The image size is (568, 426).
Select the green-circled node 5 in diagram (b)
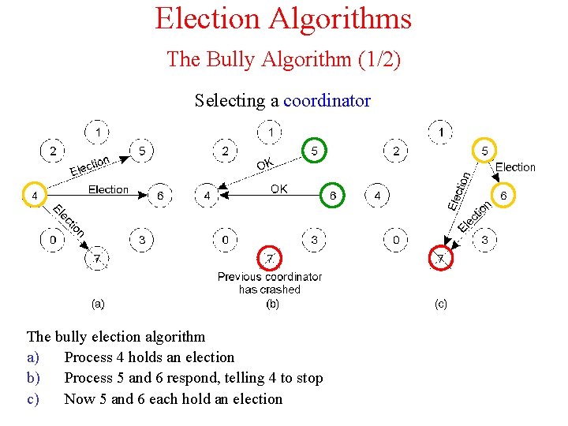point(314,150)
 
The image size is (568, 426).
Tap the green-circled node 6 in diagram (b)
point(333,195)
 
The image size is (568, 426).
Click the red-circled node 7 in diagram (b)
point(271,257)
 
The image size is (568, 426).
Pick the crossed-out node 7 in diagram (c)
point(441,258)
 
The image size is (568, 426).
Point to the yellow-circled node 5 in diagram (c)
point(484,150)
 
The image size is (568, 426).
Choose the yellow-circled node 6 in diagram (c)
point(503,195)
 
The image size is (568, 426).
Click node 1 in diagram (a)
point(98,131)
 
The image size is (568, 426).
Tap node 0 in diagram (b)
point(226,239)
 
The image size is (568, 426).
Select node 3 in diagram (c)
point(484,239)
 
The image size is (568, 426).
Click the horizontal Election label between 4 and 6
point(108,189)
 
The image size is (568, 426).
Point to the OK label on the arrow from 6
point(279,189)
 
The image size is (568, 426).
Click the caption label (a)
point(98,303)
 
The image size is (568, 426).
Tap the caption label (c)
point(441,303)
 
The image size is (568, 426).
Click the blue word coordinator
point(327,101)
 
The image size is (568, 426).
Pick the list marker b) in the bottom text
point(33,378)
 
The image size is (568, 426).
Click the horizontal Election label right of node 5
point(515,167)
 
